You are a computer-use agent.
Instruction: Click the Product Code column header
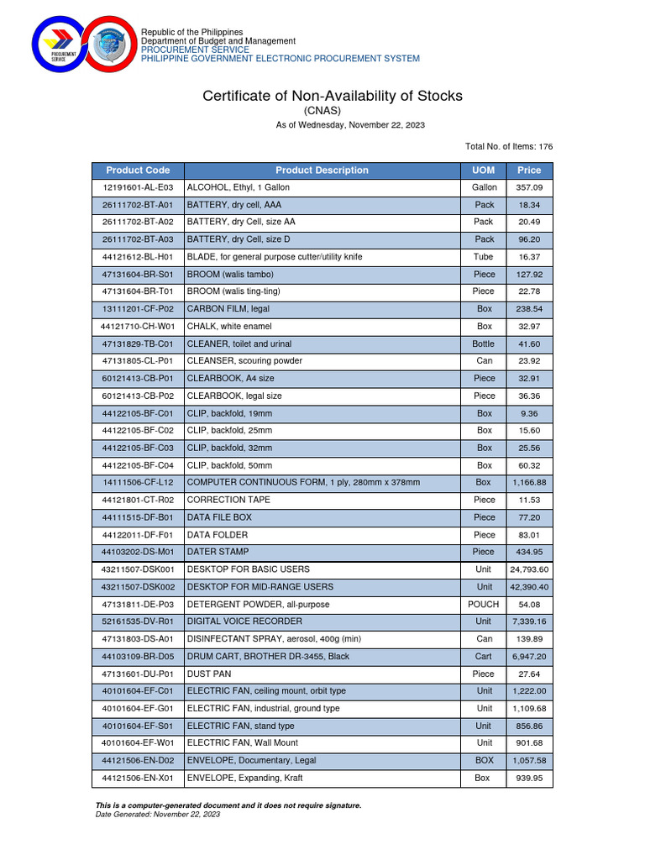point(138,170)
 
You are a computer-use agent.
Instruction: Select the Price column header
point(529,170)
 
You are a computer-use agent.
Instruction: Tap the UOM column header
point(484,170)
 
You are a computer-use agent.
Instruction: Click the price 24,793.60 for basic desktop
point(529,569)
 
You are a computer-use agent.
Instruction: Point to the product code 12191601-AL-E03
point(138,187)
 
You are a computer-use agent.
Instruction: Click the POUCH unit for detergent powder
point(484,604)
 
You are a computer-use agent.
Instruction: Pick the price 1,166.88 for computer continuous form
point(529,483)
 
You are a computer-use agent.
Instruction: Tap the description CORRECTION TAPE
point(228,500)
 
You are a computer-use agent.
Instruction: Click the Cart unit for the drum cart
point(484,656)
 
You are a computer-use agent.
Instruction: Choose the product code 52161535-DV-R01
point(138,621)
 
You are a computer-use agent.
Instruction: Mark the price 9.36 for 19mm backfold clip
point(529,413)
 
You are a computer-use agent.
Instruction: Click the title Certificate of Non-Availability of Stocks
point(333,96)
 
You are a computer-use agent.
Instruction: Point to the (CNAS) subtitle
point(322,111)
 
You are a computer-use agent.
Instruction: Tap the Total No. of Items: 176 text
point(509,147)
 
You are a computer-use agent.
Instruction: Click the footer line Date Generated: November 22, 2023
point(159,814)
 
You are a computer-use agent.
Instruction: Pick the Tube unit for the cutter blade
point(484,257)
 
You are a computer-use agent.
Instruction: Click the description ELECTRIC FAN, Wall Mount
point(243,742)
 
